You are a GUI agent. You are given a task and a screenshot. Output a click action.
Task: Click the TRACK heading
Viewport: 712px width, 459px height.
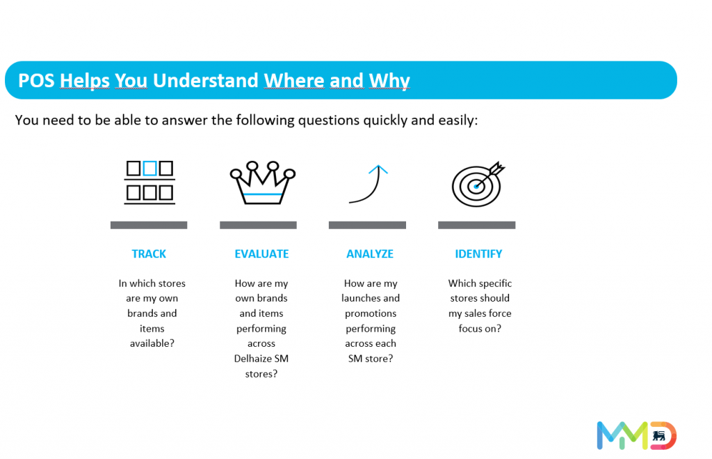coord(149,254)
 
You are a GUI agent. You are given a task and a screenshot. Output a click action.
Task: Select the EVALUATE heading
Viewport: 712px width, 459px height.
coord(261,254)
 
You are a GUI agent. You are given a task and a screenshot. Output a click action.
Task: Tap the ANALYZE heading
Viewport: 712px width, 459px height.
coord(370,254)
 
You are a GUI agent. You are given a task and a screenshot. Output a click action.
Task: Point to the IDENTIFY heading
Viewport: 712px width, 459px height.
coord(478,254)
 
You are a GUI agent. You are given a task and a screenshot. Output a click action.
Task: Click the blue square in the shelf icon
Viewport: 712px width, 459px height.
coord(150,169)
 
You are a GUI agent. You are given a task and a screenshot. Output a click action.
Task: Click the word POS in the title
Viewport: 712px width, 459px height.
coord(36,81)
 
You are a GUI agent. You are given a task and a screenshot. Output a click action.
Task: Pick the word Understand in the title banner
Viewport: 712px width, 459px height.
coord(206,81)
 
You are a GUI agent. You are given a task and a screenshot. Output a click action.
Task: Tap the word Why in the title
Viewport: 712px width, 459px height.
coord(389,81)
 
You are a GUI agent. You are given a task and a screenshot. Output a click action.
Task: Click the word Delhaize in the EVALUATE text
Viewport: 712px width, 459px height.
coord(254,359)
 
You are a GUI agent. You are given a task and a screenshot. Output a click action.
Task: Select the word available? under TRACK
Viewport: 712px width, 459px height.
coord(152,343)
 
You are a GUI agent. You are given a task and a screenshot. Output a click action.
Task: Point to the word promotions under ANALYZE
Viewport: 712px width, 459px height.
coord(371,313)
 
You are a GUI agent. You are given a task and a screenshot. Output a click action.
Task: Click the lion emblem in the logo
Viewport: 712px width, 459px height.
coord(659,436)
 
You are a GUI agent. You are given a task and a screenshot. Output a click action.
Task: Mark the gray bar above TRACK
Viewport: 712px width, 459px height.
coord(149,225)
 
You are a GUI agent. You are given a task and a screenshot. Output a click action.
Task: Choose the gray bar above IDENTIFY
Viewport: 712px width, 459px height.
coord(477,225)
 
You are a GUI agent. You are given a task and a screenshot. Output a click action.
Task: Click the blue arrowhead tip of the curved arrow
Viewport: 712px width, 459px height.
coord(378,165)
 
